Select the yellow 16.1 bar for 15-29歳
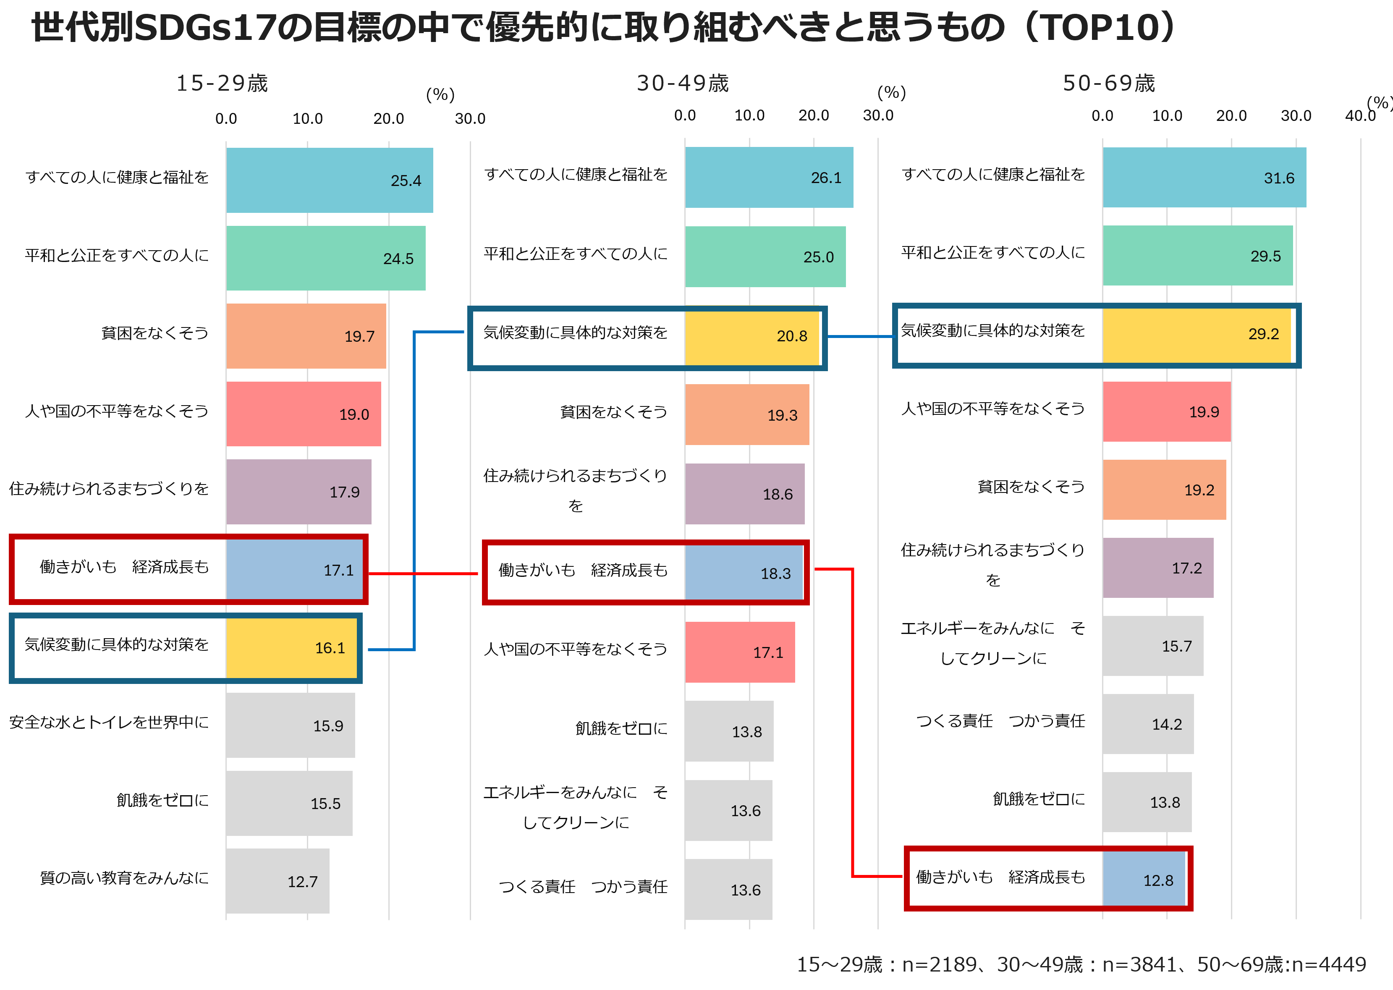point(291,648)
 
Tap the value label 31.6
point(1278,178)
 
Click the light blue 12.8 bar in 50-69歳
point(1144,879)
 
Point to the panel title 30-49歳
point(682,83)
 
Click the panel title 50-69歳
point(1108,83)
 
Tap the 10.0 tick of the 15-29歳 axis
point(307,118)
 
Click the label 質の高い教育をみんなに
point(124,878)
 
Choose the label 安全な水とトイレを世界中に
point(109,723)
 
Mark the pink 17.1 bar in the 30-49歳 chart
point(739,652)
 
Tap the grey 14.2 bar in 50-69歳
point(1147,724)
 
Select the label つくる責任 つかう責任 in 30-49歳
point(583,887)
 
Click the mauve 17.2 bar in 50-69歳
point(1157,568)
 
